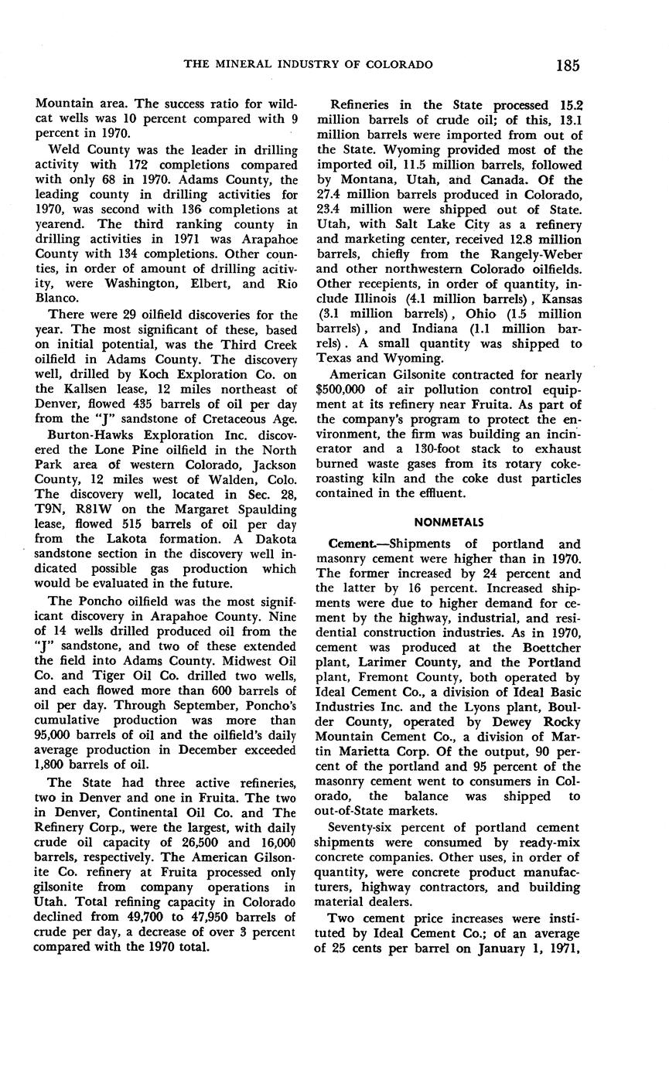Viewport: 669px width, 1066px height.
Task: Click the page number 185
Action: click(x=567, y=65)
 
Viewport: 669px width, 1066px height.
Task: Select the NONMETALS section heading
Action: click(x=449, y=523)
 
